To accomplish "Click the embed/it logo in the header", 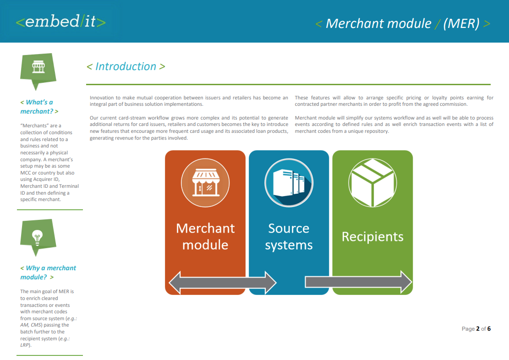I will click(x=61, y=22).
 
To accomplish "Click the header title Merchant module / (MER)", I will click(x=403, y=23).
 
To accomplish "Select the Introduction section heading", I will click(x=126, y=66).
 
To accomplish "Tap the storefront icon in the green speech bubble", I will click(x=38, y=68).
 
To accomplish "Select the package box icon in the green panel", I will click(x=372, y=182).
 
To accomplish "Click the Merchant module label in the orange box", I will click(x=205, y=236).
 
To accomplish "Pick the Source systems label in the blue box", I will click(x=289, y=236).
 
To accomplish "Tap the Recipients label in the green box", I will click(x=372, y=237).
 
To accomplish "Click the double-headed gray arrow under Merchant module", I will click(x=223, y=282).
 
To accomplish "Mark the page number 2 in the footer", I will click(x=478, y=329).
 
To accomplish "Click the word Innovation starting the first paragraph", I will click(x=103, y=98).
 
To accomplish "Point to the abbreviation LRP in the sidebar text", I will click(x=25, y=345).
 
